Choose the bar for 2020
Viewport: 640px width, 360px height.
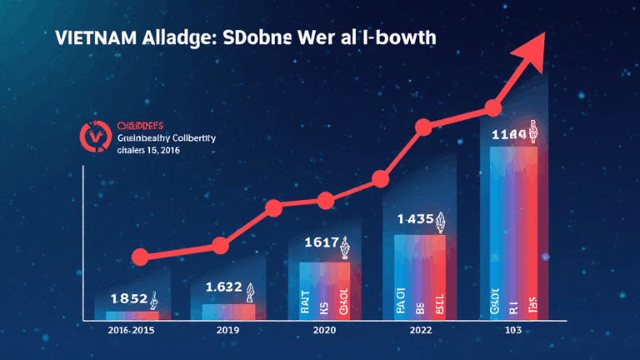pos(324,291)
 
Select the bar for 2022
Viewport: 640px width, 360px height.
pos(420,277)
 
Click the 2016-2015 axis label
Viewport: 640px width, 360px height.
pos(132,332)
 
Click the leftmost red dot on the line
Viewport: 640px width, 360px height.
pos(141,257)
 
